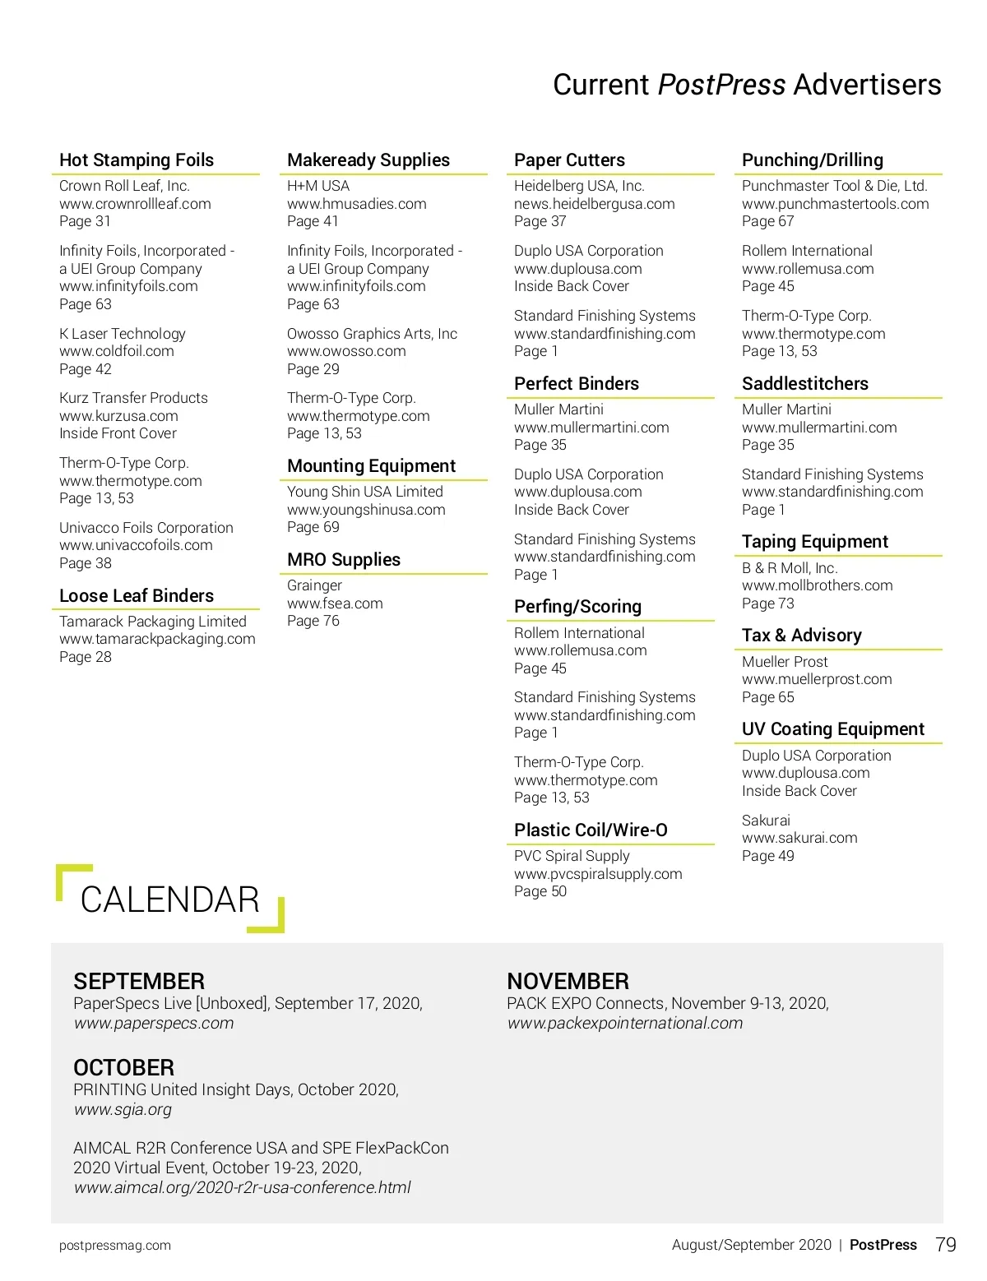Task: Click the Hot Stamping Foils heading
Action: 137,160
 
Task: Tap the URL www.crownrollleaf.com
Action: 135,204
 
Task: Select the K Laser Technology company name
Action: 123,334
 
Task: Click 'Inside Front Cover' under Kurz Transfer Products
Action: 118,433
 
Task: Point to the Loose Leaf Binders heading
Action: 137,596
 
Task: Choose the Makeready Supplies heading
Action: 368,160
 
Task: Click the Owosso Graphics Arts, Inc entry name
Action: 372,334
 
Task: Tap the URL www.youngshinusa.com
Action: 366,510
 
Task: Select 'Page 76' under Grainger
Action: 313,621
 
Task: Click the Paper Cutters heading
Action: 569,160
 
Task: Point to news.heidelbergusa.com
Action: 594,204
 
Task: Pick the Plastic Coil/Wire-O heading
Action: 591,830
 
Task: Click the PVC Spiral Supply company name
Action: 572,856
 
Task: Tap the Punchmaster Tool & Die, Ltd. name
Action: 834,186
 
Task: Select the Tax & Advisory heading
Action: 802,636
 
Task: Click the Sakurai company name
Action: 766,821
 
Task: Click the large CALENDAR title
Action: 170,899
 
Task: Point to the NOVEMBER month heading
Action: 568,981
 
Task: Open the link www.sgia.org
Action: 123,1109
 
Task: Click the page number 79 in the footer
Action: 946,1245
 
